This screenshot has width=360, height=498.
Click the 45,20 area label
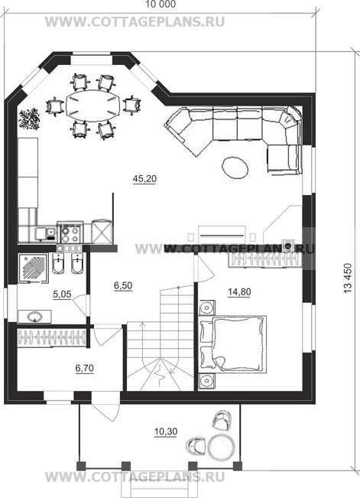point(144,179)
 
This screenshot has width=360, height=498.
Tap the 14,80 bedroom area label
point(239,291)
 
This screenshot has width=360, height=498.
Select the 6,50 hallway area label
point(123,285)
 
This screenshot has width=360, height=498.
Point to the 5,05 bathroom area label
point(62,295)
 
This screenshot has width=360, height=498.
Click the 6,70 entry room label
point(84,368)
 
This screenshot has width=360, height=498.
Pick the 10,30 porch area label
point(166,431)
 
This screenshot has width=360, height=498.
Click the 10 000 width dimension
point(160,5)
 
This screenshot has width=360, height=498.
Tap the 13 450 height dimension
point(348,278)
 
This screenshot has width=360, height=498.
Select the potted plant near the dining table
point(30,119)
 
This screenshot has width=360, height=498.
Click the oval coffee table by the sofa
point(235,168)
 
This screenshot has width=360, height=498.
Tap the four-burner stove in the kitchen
point(70,233)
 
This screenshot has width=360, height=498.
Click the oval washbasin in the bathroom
point(34,317)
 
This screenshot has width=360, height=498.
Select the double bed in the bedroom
point(232,343)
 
